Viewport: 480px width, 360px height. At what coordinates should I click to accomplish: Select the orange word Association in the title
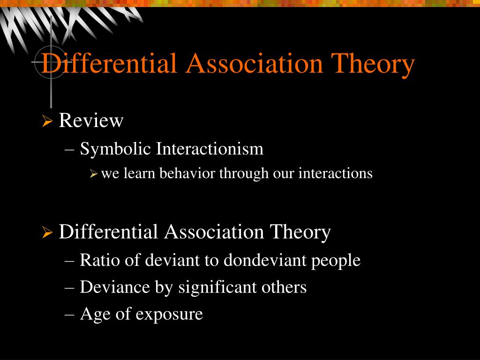pyautogui.click(x=254, y=63)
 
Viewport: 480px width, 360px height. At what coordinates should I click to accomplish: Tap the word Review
pyautogui.click(x=91, y=120)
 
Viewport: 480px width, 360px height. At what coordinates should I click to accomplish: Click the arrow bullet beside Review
pyautogui.click(x=47, y=121)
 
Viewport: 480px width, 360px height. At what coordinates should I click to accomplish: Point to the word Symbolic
pyautogui.click(x=116, y=150)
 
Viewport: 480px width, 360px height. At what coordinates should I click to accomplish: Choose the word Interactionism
pyautogui.click(x=210, y=149)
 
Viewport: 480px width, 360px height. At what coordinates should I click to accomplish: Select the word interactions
pyautogui.click(x=336, y=173)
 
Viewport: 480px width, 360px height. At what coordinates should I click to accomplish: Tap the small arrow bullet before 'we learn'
pyautogui.click(x=93, y=174)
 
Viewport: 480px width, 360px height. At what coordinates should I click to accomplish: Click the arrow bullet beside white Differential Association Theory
pyautogui.click(x=47, y=232)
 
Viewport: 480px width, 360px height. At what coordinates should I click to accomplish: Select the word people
pyautogui.click(x=336, y=261)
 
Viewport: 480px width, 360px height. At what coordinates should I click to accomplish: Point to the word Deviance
pyautogui.click(x=115, y=287)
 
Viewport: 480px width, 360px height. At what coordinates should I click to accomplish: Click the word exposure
pyautogui.click(x=169, y=315)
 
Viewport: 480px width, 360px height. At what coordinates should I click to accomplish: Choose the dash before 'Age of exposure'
pyautogui.click(x=69, y=315)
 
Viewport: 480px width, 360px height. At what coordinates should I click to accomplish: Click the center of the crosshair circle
pyautogui.click(x=51, y=62)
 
